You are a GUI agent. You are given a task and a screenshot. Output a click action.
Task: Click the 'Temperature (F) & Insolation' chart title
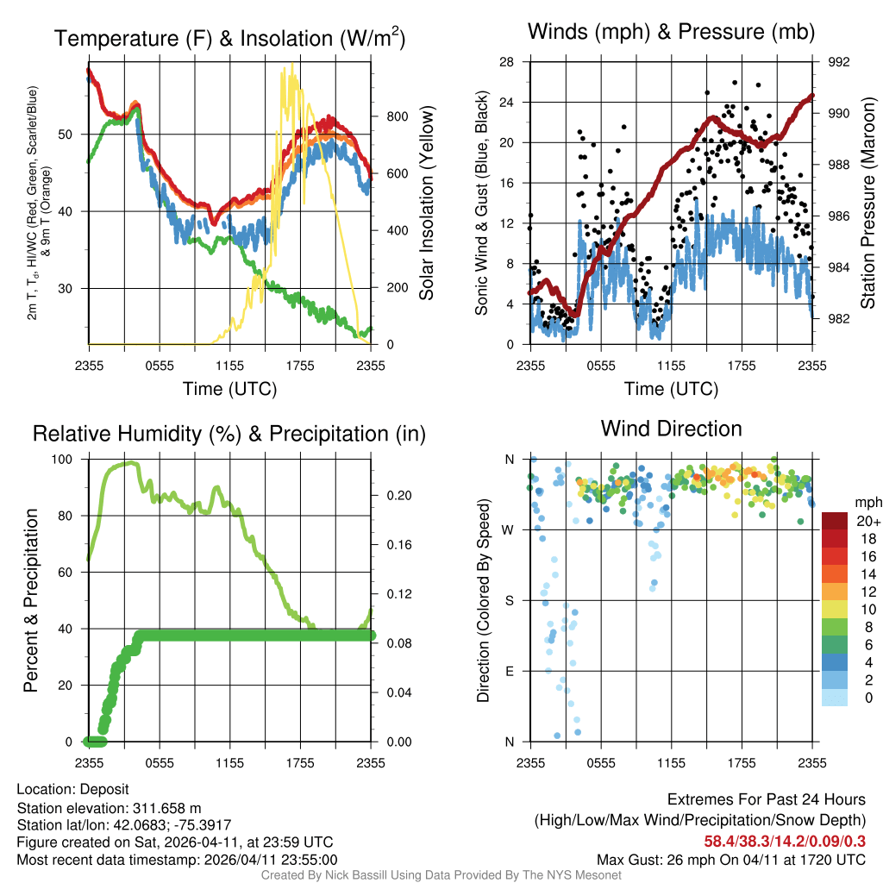click(229, 39)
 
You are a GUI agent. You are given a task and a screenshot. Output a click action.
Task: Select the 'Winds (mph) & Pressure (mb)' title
click(671, 33)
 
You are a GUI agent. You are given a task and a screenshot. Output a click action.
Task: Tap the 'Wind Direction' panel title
click(671, 429)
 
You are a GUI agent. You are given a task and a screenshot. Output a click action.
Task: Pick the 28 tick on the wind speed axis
click(507, 62)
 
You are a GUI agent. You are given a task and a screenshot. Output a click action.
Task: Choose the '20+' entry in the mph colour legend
click(866, 521)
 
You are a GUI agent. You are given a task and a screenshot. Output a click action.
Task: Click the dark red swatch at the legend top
click(834, 521)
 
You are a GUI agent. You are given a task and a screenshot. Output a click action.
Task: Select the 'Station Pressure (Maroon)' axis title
click(868, 203)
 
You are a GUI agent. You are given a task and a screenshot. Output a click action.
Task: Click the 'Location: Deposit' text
click(72, 789)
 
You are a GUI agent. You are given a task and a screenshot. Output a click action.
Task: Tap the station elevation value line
click(109, 808)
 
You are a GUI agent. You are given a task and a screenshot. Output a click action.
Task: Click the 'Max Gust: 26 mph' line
click(731, 860)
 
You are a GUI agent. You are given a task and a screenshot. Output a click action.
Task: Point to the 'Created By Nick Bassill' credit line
click(441, 875)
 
